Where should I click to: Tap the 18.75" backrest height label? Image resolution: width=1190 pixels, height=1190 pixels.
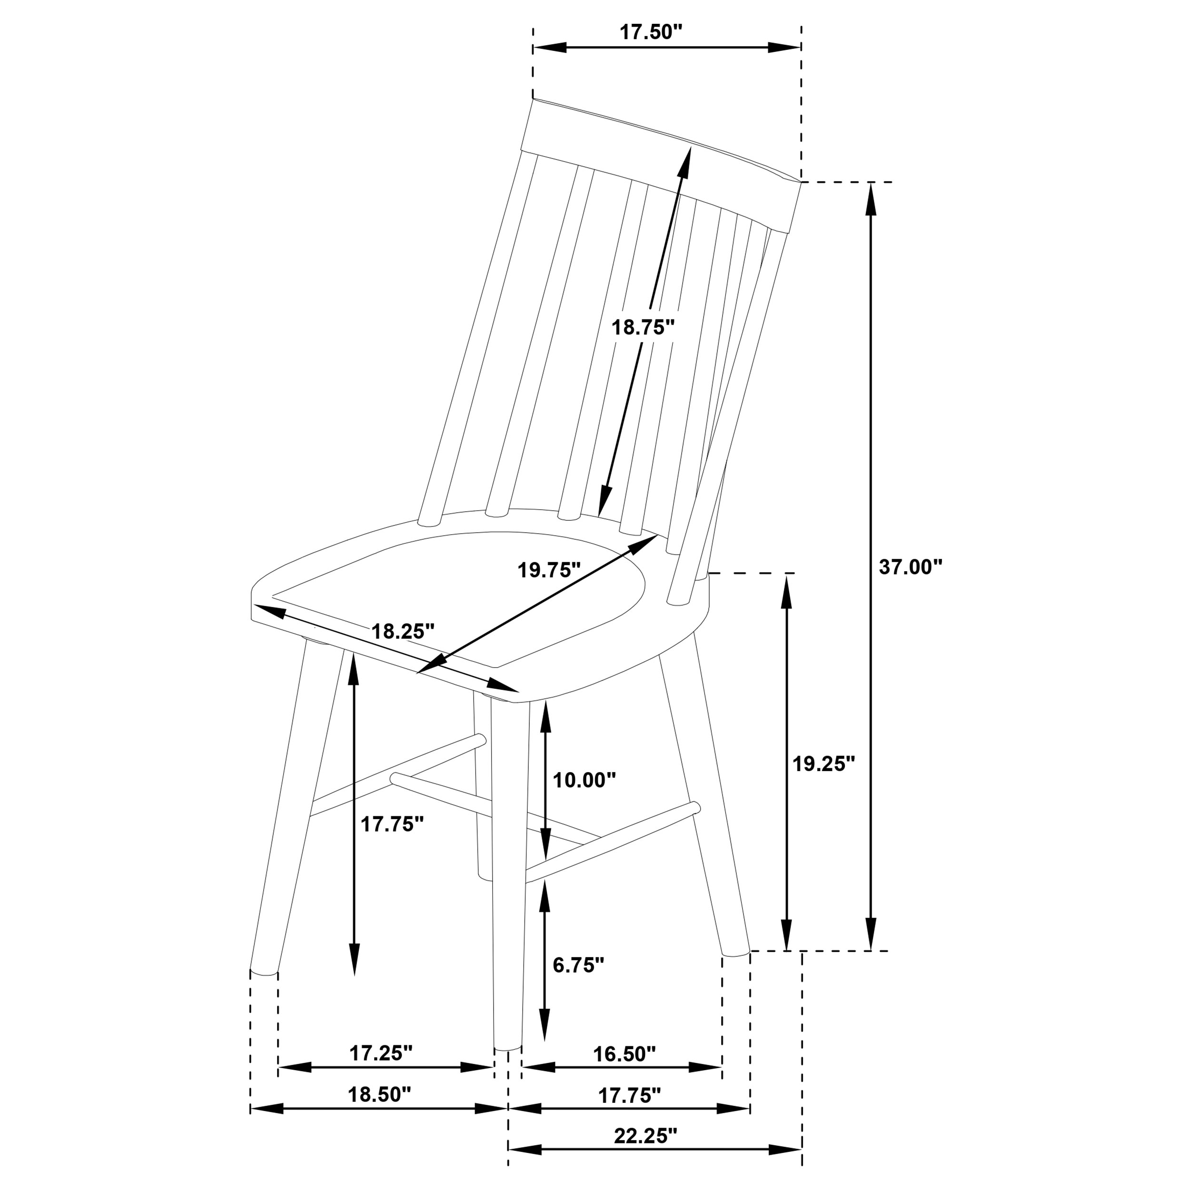(x=643, y=327)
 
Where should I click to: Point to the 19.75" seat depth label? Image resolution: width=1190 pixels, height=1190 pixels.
(x=549, y=570)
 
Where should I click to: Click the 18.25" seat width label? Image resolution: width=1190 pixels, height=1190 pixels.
(x=403, y=631)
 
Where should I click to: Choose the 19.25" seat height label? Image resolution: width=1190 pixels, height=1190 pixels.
(x=823, y=764)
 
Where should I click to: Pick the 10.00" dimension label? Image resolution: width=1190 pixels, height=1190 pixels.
(x=584, y=780)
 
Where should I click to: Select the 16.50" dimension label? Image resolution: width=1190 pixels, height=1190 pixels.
(x=624, y=1053)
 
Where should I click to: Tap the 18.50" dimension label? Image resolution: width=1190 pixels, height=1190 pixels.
(x=379, y=1094)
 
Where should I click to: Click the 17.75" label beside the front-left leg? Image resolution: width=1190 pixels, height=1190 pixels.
(x=392, y=824)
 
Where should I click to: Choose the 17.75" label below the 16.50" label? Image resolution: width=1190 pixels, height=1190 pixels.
(x=629, y=1095)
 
